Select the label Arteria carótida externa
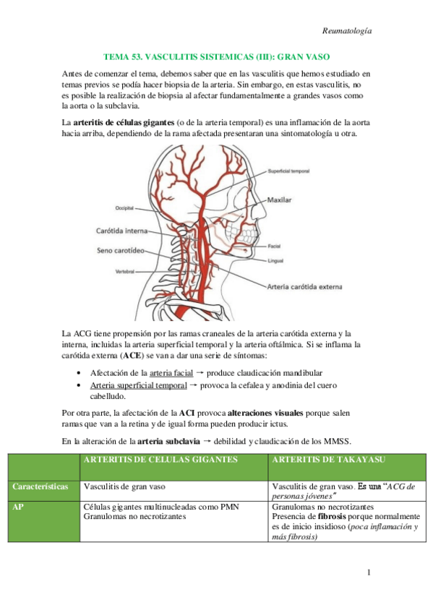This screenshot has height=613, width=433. [x=304, y=286]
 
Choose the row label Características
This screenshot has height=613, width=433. [x=40, y=486]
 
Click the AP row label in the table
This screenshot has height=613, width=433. [x=19, y=507]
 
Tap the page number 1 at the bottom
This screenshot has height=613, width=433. [x=369, y=574]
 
